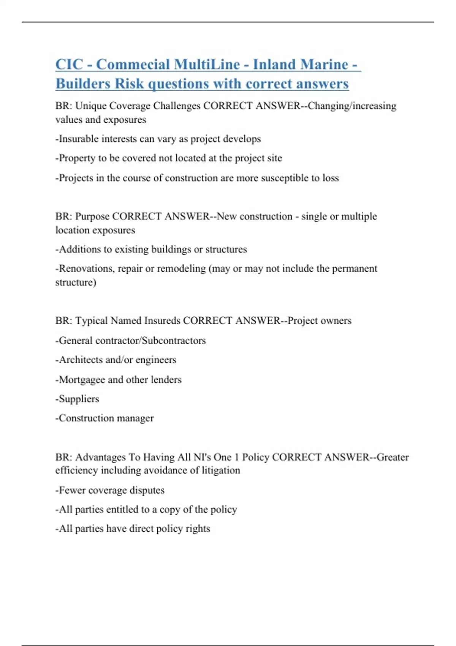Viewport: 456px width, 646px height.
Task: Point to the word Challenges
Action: tap(177, 106)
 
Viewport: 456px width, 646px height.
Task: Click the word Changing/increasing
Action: tap(352, 106)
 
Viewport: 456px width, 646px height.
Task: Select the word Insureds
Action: tap(162, 321)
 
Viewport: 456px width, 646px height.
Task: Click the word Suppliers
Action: tap(79, 399)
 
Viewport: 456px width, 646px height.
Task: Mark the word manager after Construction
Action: tap(135, 418)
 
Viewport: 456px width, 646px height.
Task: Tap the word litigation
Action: tap(221, 470)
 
